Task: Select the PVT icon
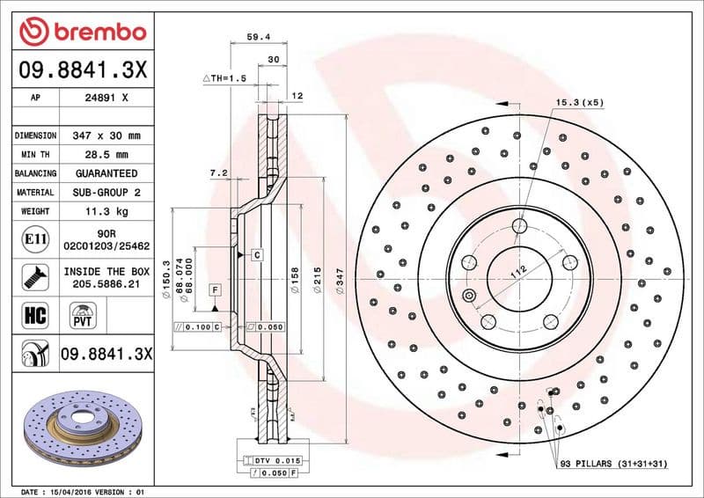pyautogui.click(x=85, y=314)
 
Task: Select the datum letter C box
pyautogui.click(x=257, y=255)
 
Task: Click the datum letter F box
pyautogui.click(x=214, y=289)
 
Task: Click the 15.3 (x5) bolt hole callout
pyautogui.click(x=579, y=103)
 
